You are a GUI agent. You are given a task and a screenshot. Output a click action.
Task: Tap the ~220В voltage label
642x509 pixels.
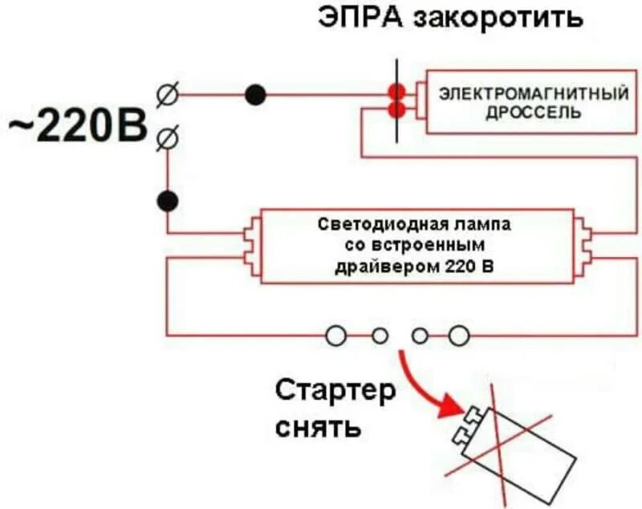pyautogui.click(x=78, y=128)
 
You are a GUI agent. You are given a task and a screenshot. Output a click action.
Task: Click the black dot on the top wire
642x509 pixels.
pyautogui.click(x=255, y=95)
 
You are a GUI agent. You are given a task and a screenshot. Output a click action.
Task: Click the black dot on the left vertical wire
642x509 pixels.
pyautogui.click(x=168, y=200)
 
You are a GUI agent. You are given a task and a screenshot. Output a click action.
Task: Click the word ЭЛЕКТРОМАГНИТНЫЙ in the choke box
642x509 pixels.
pyautogui.click(x=533, y=95)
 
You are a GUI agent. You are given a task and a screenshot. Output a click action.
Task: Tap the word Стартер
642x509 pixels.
pyautogui.click(x=335, y=393)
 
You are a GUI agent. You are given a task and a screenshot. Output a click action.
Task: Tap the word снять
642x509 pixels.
pyautogui.click(x=317, y=426)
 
